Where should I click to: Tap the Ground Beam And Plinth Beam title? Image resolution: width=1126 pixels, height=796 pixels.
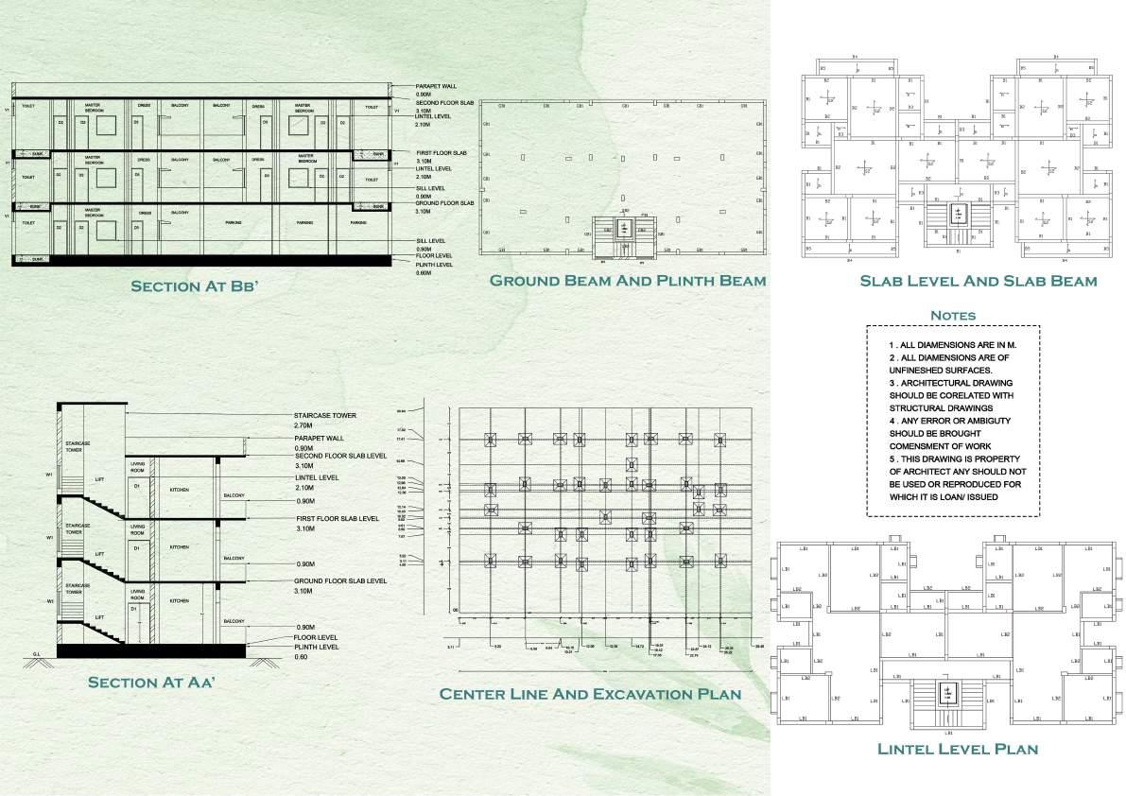pyautogui.click(x=627, y=281)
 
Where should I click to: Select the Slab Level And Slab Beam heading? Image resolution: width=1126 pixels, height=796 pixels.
pyautogui.click(x=978, y=281)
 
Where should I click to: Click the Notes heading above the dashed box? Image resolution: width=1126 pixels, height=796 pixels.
pyautogui.click(x=952, y=315)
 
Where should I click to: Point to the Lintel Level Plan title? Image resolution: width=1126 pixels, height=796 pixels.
pyautogui.click(x=958, y=749)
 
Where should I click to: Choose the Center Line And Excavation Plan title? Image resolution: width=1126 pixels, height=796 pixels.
pyautogui.click(x=590, y=694)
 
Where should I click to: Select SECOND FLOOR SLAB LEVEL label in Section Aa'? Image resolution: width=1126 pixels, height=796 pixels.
pyautogui.click(x=340, y=456)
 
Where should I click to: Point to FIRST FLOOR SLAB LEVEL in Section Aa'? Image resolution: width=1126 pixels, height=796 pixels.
pyautogui.click(x=338, y=518)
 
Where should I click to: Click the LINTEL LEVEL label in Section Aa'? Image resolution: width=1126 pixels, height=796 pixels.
pyautogui.click(x=317, y=477)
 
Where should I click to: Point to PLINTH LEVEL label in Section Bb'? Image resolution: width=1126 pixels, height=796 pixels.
pyautogui.click(x=434, y=265)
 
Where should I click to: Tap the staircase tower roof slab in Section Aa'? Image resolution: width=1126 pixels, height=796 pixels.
pyautogui.click(x=93, y=405)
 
